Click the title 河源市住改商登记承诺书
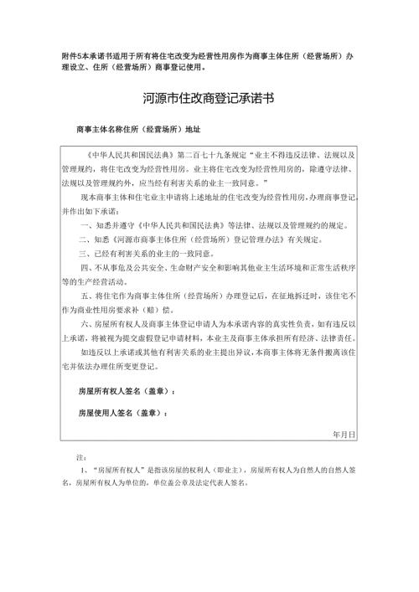pyautogui.click(x=209, y=98)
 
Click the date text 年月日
pyautogui.click(x=344, y=435)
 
